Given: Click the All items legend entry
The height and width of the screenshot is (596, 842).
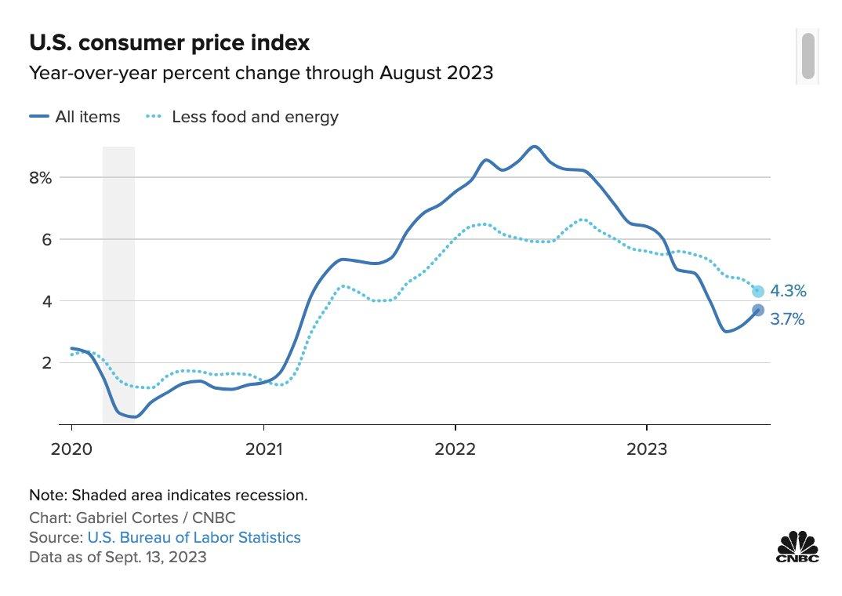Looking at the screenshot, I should pyautogui.click(x=75, y=117).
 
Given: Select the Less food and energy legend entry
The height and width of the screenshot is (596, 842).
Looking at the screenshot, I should pyautogui.click(x=242, y=117).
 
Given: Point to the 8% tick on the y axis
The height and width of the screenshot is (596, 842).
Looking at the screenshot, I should pyautogui.click(x=41, y=177).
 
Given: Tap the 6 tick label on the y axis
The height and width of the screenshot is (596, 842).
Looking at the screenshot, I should pyautogui.click(x=46, y=239).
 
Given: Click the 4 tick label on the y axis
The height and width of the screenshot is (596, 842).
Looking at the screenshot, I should pyautogui.click(x=46, y=301).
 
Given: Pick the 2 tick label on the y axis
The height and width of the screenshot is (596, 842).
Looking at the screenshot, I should pyautogui.click(x=46, y=362).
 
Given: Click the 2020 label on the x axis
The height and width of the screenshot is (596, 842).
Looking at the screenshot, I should pyautogui.click(x=71, y=449).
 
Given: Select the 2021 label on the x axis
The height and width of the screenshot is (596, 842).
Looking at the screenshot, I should pyautogui.click(x=263, y=449).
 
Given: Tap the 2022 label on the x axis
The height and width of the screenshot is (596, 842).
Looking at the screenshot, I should pyautogui.click(x=455, y=449).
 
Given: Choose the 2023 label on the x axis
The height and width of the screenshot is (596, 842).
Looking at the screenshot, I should pyautogui.click(x=646, y=449).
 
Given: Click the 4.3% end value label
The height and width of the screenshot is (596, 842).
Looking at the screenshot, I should pyautogui.click(x=788, y=291).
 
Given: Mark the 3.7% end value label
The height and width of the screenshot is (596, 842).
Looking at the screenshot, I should pyautogui.click(x=788, y=319).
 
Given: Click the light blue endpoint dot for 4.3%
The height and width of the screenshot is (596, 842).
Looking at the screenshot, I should pyautogui.click(x=757, y=292).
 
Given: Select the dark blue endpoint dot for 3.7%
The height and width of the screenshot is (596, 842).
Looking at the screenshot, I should pyautogui.click(x=757, y=311).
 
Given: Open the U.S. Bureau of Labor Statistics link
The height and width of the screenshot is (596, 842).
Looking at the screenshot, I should pyautogui.click(x=194, y=537).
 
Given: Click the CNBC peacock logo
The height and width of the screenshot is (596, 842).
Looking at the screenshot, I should pyautogui.click(x=797, y=546).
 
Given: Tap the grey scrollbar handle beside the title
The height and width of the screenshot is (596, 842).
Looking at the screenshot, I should pyautogui.click(x=808, y=56).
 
